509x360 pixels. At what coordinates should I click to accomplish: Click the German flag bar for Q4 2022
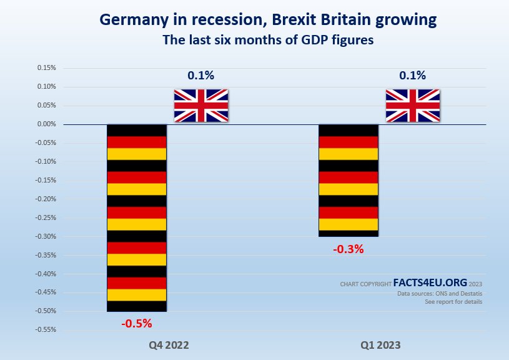(137, 217)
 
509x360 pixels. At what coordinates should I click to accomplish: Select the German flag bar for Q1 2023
(348, 180)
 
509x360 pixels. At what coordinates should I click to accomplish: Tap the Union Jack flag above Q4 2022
(200, 105)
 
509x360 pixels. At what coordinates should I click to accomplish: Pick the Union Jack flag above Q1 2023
(412, 105)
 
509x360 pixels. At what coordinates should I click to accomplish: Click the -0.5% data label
(137, 324)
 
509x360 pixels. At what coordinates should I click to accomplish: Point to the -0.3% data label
(348, 249)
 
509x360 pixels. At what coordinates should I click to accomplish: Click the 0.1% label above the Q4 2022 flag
(200, 76)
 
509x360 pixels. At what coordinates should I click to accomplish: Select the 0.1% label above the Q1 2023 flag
(412, 76)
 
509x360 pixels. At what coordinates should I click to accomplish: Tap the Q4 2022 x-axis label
(169, 345)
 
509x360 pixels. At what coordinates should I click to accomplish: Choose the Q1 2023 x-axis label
(380, 345)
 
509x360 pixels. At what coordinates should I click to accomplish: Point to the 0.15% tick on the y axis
(47, 67)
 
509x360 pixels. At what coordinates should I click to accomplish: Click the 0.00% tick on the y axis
(47, 124)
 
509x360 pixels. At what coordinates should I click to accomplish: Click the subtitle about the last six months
(268, 40)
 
